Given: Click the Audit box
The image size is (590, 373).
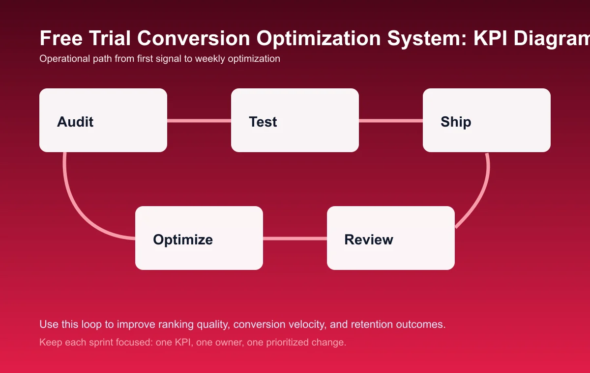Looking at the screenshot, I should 103,120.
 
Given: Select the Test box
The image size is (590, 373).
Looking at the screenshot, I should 295,120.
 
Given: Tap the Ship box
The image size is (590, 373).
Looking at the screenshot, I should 487,120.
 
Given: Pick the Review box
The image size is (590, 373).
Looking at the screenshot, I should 391,238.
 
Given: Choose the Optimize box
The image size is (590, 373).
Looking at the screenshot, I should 199,238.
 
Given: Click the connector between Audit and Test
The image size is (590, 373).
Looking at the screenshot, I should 199,120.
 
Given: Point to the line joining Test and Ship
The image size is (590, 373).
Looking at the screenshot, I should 391,120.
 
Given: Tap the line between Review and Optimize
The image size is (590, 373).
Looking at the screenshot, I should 295,239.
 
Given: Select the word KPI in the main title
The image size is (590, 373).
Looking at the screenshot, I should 494,38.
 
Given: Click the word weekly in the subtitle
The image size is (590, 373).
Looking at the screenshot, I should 210,59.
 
